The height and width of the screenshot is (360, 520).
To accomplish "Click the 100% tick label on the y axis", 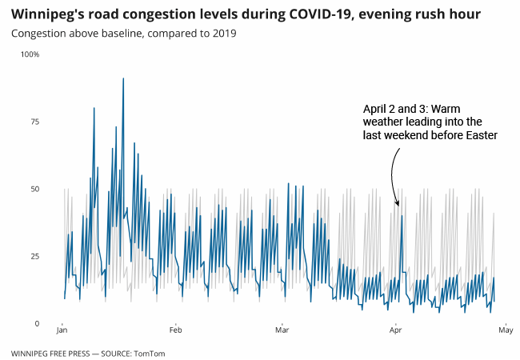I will pyautogui.click(x=30, y=54).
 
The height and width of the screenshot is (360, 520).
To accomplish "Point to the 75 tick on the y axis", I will pyautogui.click(x=34, y=122).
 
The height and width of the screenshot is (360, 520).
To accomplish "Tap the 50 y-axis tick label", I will pyautogui.click(x=34, y=189).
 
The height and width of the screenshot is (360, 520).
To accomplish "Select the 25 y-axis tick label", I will pyautogui.click(x=34, y=256).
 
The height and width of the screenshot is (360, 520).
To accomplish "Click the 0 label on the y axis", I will pyautogui.click(x=36, y=323).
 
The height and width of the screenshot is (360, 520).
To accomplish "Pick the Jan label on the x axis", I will pyautogui.click(x=62, y=330).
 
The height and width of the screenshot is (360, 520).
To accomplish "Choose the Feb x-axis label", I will pyautogui.click(x=175, y=330).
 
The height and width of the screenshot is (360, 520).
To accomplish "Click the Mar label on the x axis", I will pyautogui.click(x=282, y=330).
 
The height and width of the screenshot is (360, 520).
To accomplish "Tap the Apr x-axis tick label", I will pyautogui.click(x=395, y=330).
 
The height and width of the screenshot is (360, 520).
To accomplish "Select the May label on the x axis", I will pyautogui.click(x=505, y=330).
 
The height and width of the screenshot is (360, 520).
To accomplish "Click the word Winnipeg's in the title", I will pyautogui.click(x=50, y=14).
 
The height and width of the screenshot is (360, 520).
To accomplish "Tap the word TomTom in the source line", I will pyautogui.click(x=150, y=353).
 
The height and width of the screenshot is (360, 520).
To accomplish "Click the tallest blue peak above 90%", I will pyautogui.click(x=123, y=79).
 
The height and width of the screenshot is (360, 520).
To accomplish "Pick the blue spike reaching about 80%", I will pyautogui.click(x=94, y=109).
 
